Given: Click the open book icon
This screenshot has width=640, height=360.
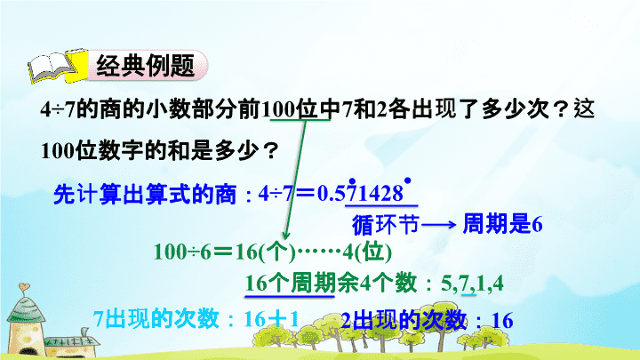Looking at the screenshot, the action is click(58, 66).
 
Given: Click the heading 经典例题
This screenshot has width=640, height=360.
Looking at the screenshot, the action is click(146, 66).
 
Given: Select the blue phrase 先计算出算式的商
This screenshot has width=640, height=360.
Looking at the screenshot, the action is click(145, 194).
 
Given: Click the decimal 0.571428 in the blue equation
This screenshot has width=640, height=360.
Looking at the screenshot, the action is click(360, 194).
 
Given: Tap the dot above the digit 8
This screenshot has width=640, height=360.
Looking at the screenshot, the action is click(407, 180).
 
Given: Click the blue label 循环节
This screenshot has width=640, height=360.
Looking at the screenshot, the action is click(385, 225).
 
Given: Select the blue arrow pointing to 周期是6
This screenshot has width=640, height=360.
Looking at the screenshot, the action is click(439, 224).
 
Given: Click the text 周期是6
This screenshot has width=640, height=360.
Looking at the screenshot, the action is click(502, 224).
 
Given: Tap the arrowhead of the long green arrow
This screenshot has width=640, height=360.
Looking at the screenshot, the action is click(286, 236).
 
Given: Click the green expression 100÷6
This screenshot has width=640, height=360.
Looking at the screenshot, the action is click(182, 252).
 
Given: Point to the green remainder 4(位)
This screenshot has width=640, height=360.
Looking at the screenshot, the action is click(367, 252).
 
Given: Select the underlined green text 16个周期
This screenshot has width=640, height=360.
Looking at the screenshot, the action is click(291, 283).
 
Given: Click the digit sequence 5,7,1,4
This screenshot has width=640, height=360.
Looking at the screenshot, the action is click(472, 284).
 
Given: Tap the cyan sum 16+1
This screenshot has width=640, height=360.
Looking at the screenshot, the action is click(271, 319).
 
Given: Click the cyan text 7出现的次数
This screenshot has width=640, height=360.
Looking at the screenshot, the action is click(156, 318).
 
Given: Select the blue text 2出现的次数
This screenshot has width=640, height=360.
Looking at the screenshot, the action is click(404, 320).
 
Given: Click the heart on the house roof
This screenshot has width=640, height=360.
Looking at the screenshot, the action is click(24, 286).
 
